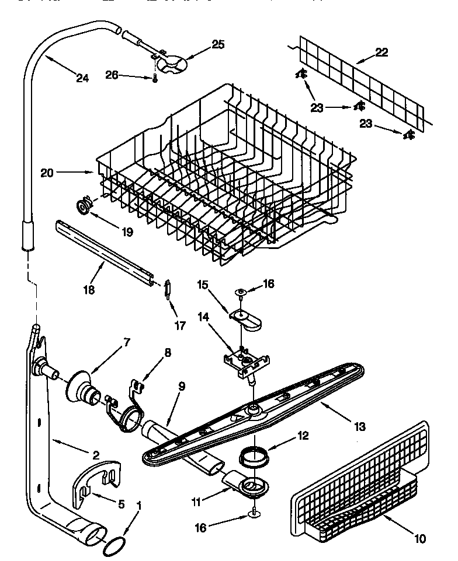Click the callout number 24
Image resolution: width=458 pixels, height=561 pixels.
(82, 78)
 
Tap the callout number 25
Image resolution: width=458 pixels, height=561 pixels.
(202, 44)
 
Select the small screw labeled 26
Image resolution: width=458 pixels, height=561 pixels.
(155, 79)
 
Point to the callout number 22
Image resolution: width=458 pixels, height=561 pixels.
(381, 52)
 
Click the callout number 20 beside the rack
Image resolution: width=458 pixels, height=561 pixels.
(48, 172)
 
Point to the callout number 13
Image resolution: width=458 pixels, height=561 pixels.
(360, 427)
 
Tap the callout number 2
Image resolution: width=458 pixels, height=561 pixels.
(96, 455)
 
